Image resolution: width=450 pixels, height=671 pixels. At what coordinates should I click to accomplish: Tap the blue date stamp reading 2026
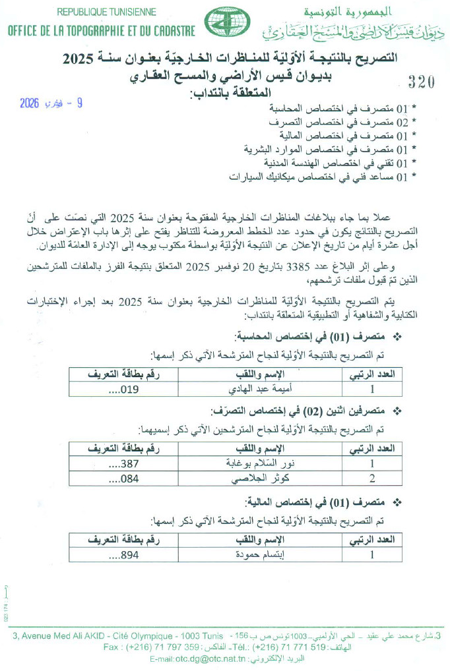pyautogui.click(x=51, y=103)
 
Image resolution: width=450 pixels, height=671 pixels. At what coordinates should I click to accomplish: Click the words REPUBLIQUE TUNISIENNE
pyautogui.click(x=106, y=12)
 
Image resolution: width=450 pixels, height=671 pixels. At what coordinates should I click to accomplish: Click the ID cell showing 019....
pyautogui.click(x=123, y=388)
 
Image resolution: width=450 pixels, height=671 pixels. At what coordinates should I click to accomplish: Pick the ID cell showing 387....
pyautogui.click(x=123, y=463)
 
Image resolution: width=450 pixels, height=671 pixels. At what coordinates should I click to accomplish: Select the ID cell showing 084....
pyautogui.click(x=123, y=479)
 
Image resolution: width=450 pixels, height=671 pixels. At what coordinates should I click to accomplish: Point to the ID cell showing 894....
pyautogui.click(x=123, y=554)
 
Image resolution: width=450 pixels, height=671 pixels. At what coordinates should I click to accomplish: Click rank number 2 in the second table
pyautogui.click(x=372, y=479)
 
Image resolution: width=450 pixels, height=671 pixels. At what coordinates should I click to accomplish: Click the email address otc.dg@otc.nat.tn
pyautogui.click(x=210, y=658)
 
